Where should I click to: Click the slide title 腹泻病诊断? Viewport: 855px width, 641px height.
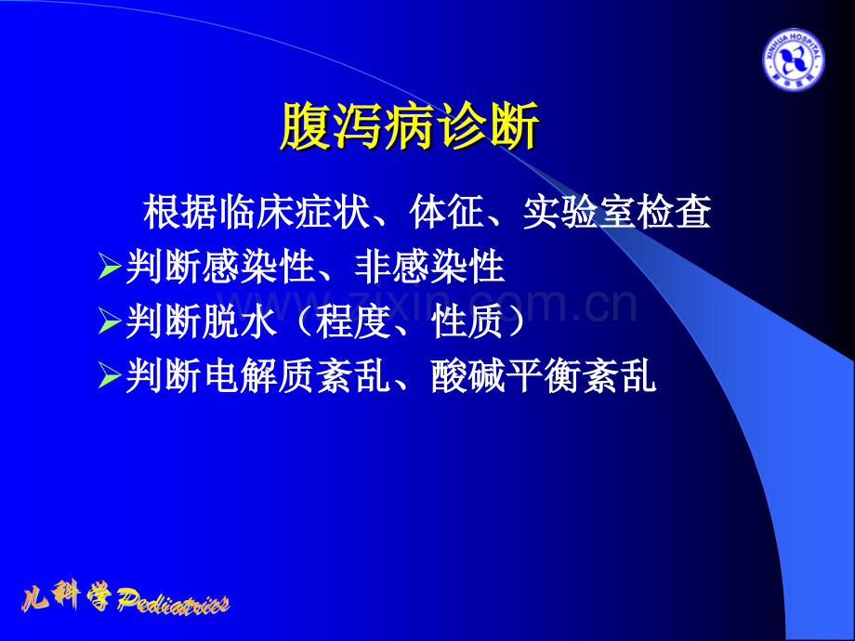point(409,129)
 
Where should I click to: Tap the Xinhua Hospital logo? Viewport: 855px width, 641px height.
point(793,59)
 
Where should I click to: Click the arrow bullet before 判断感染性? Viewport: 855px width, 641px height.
point(110,268)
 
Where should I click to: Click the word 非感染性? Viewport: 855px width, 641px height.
point(429,268)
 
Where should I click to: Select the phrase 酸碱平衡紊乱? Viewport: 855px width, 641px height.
point(544,377)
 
